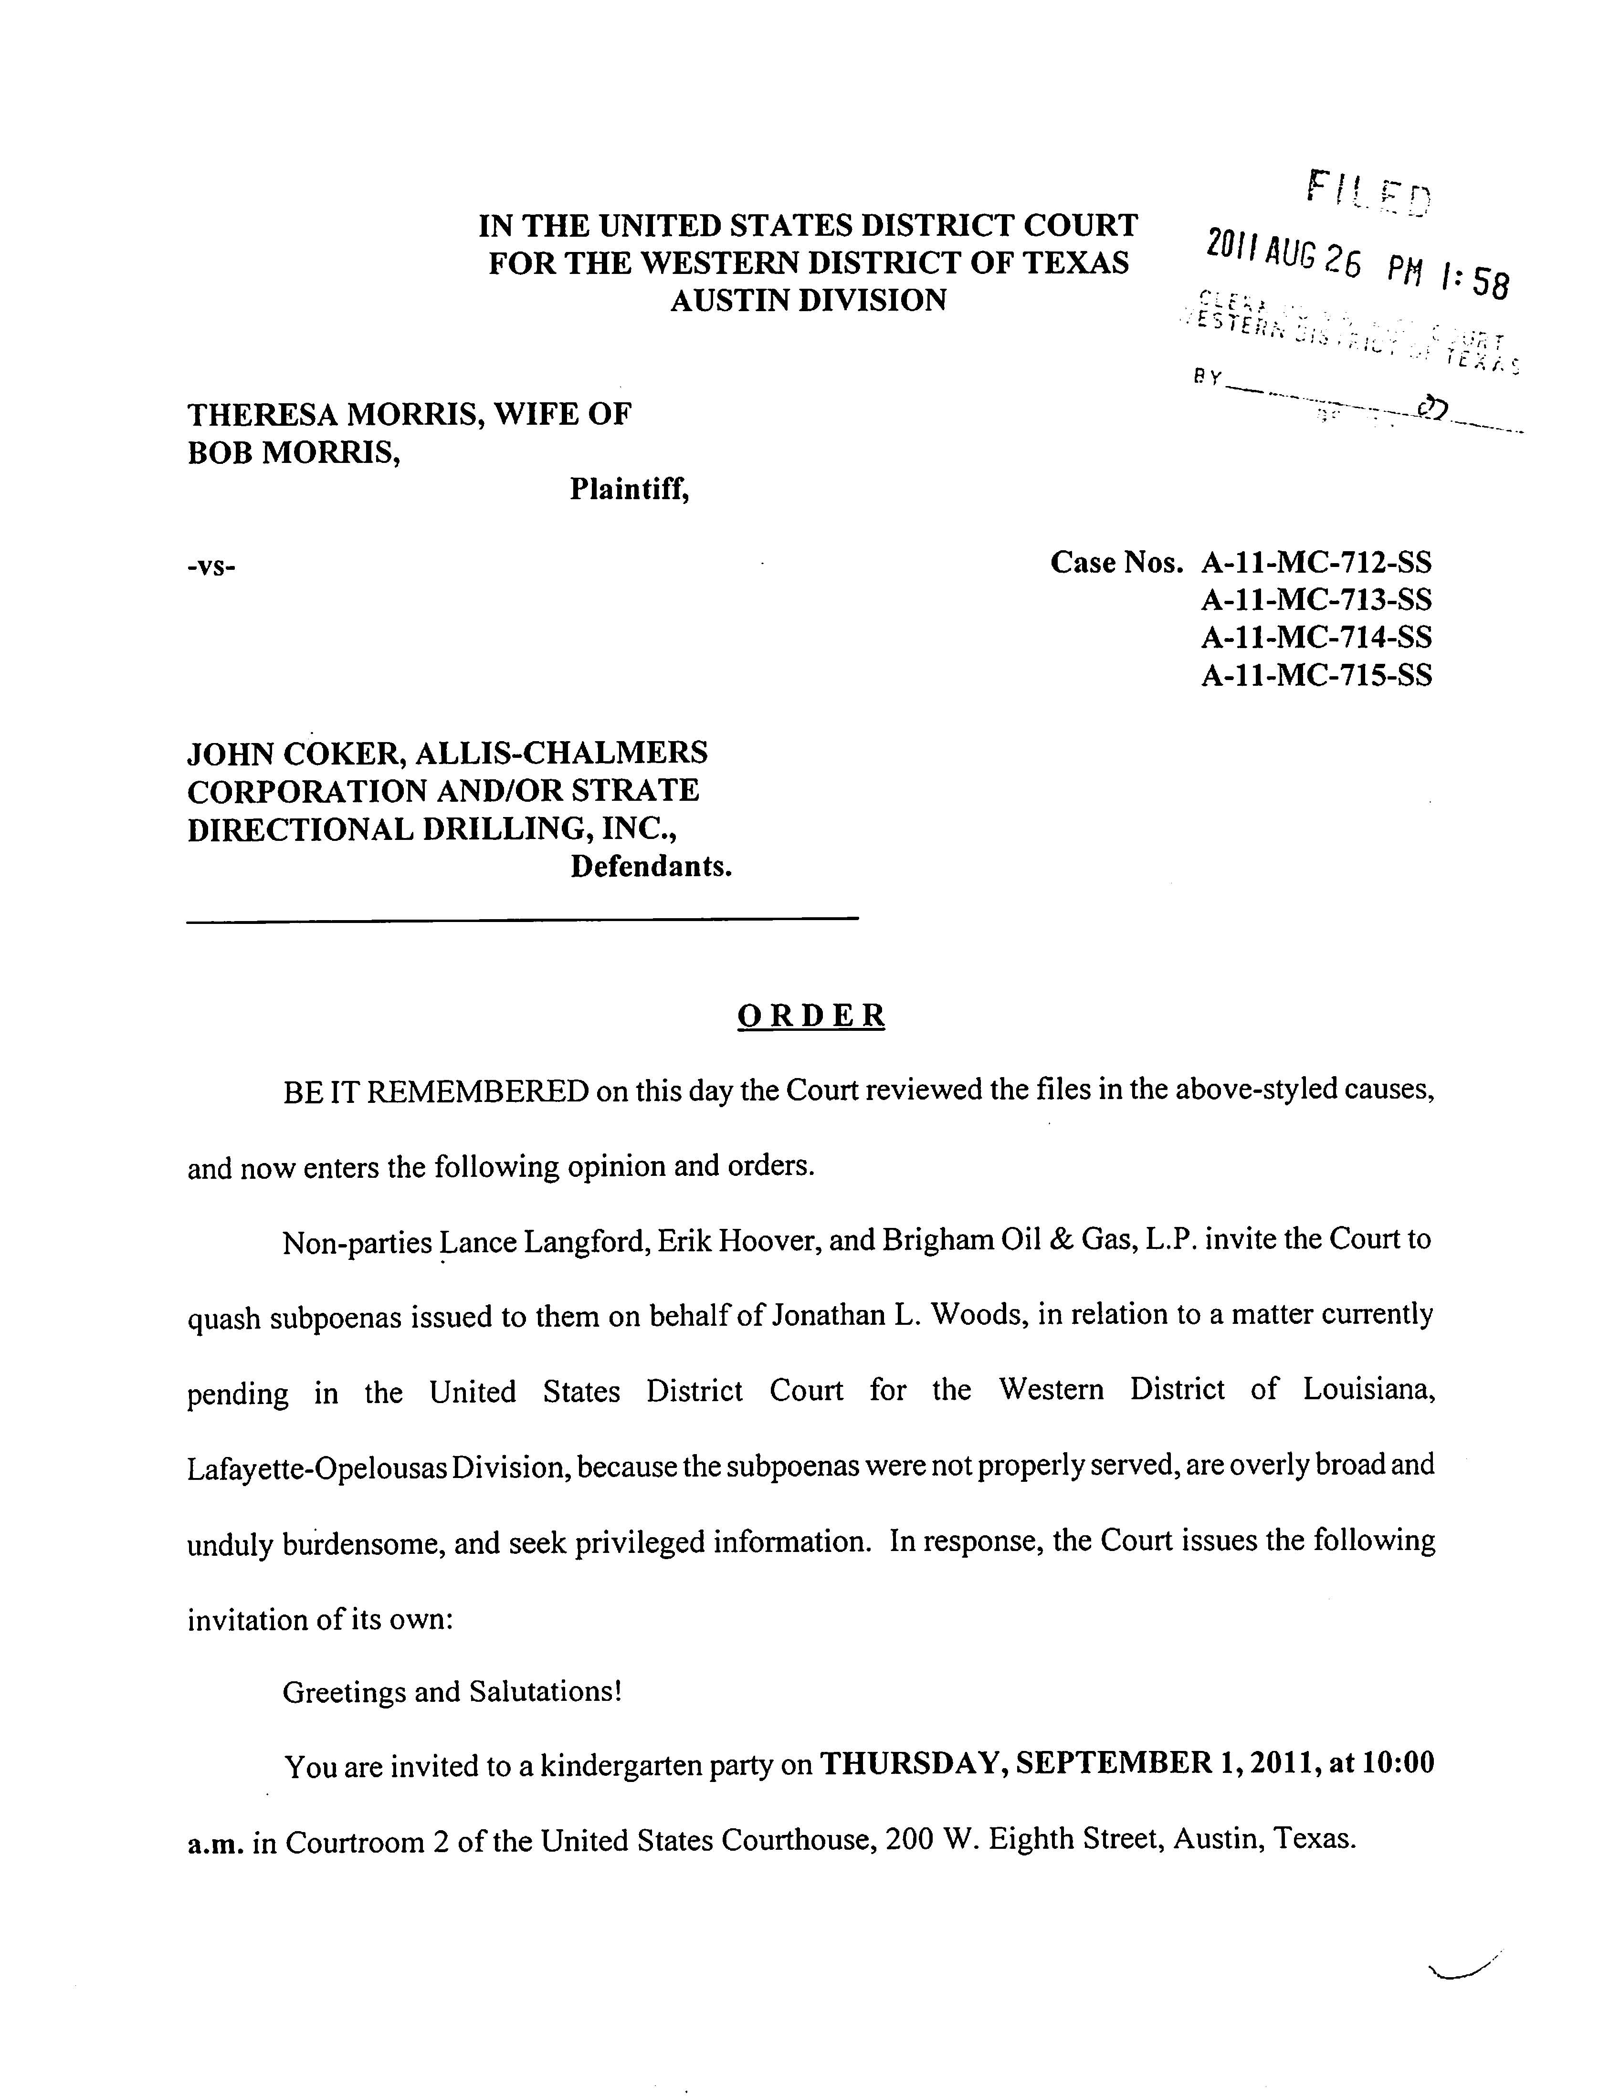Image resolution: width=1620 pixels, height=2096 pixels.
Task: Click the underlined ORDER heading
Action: (811, 1016)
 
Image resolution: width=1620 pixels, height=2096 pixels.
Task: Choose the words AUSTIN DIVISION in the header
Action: (808, 300)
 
